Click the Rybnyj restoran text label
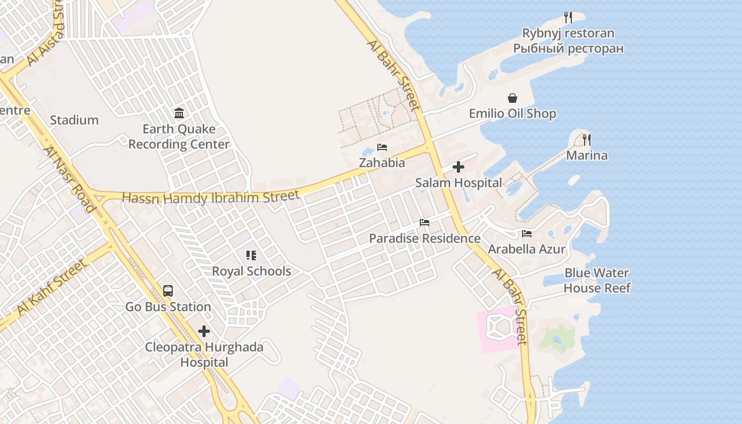568,33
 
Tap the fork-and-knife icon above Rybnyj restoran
568,17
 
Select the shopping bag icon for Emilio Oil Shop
513,98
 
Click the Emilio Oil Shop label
513,114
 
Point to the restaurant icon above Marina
586,140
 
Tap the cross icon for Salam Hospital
458,167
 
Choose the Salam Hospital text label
458,183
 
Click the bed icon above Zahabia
382,147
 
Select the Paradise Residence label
425,238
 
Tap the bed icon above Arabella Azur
527,233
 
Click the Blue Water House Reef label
597,280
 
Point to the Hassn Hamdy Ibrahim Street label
211,197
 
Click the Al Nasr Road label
69,179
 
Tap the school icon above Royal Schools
251,255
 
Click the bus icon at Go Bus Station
168,291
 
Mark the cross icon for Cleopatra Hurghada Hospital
204,332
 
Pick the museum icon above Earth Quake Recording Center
179,113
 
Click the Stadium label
74,120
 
